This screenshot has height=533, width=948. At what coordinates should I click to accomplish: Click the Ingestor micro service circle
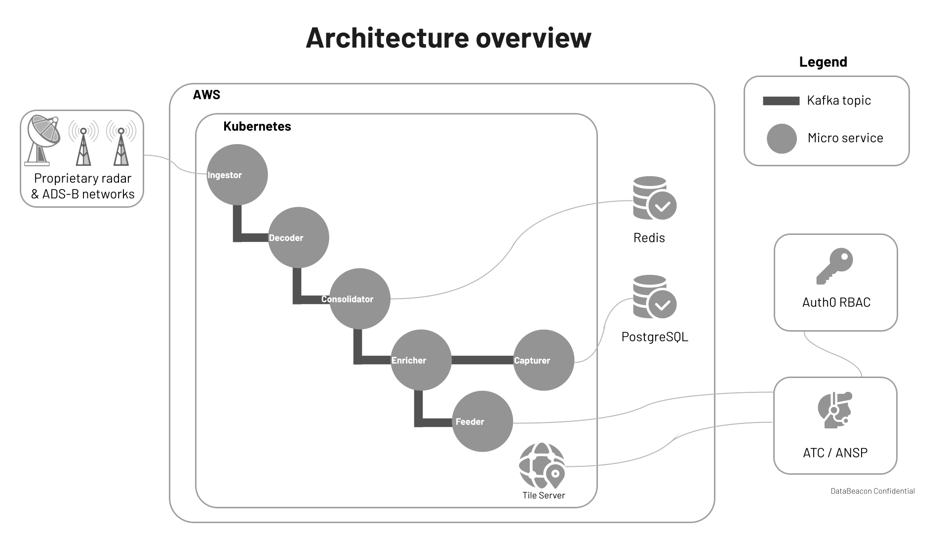pos(237,175)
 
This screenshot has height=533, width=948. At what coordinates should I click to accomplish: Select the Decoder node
pos(298,237)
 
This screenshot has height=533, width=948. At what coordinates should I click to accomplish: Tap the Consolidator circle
pos(359,299)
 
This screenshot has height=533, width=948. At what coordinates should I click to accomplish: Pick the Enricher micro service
pos(421,360)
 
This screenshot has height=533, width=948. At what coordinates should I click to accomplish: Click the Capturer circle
pos(544,360)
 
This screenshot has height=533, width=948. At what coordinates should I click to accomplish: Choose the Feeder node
pos(482,421)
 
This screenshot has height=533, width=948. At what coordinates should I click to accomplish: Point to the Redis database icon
pos(653,198)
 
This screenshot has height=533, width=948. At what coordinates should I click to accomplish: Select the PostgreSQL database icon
pos(653,297)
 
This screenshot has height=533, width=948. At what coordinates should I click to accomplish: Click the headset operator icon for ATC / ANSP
pos(834,410)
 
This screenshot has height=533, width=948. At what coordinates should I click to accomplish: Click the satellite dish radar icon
pos(42,140)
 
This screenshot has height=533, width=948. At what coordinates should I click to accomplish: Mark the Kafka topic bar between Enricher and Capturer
pos(482,360)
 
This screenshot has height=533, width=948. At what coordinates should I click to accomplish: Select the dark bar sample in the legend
pos(781,101)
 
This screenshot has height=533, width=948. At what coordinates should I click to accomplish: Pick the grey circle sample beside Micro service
pos(782,139)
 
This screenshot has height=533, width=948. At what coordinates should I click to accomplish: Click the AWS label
pos(206,95)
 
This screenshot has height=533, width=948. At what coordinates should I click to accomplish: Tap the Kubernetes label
pos(257,126)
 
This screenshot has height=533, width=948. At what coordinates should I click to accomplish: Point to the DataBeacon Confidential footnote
pos(872,491)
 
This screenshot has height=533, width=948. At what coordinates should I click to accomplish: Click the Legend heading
pos(823,62)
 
